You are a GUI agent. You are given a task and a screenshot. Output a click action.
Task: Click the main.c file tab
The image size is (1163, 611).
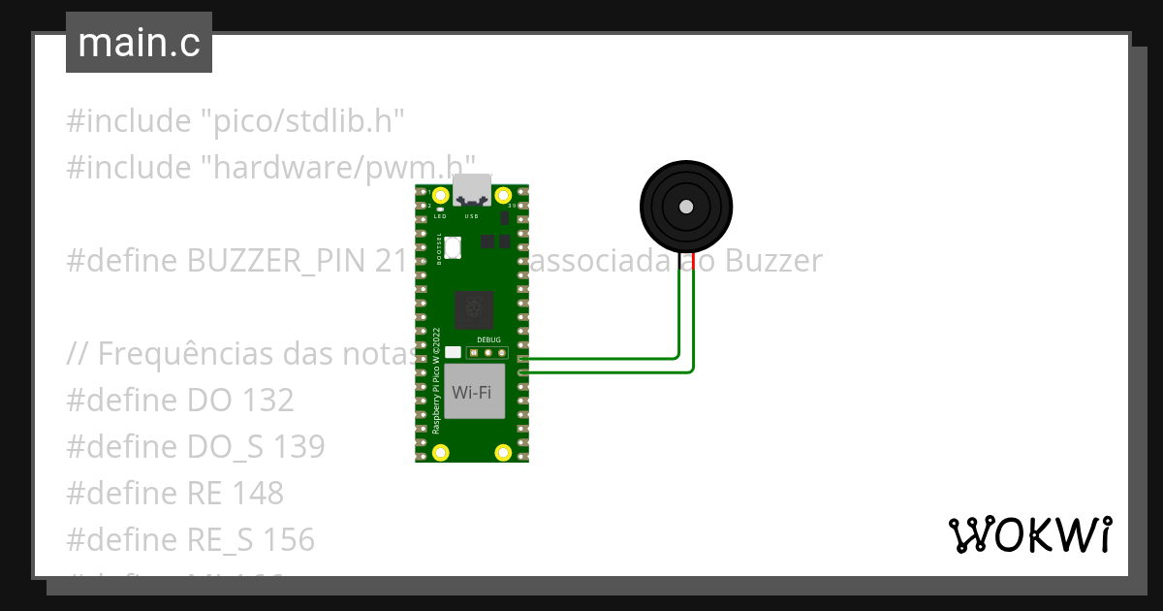coord(139,44)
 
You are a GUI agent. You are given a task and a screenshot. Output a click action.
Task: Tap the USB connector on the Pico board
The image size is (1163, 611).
coord(472,189)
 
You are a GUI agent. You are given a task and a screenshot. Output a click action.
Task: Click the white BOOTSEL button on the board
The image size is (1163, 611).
coord(454,248)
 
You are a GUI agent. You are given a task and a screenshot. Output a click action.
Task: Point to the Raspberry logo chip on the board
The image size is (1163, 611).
coord(473,309)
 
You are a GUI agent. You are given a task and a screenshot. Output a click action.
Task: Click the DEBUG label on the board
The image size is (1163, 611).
coord(488,340)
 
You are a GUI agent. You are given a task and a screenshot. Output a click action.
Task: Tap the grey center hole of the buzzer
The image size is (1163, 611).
coord(686,207)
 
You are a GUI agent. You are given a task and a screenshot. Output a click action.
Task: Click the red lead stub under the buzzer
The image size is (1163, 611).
coord(694,261)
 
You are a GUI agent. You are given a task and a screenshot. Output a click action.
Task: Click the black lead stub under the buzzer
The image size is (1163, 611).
coord(679,261)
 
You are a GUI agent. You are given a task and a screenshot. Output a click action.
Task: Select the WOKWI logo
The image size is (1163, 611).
coord(1029,534)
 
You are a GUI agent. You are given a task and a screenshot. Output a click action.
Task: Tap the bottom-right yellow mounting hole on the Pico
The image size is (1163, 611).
coord(503,452)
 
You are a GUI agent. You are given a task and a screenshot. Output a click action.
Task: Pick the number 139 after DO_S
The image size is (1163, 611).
coord(298,447)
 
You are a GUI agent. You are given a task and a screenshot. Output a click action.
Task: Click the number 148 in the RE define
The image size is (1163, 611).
coord(258,494)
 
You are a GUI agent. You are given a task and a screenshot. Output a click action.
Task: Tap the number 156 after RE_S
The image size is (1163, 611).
coord(289,540)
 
